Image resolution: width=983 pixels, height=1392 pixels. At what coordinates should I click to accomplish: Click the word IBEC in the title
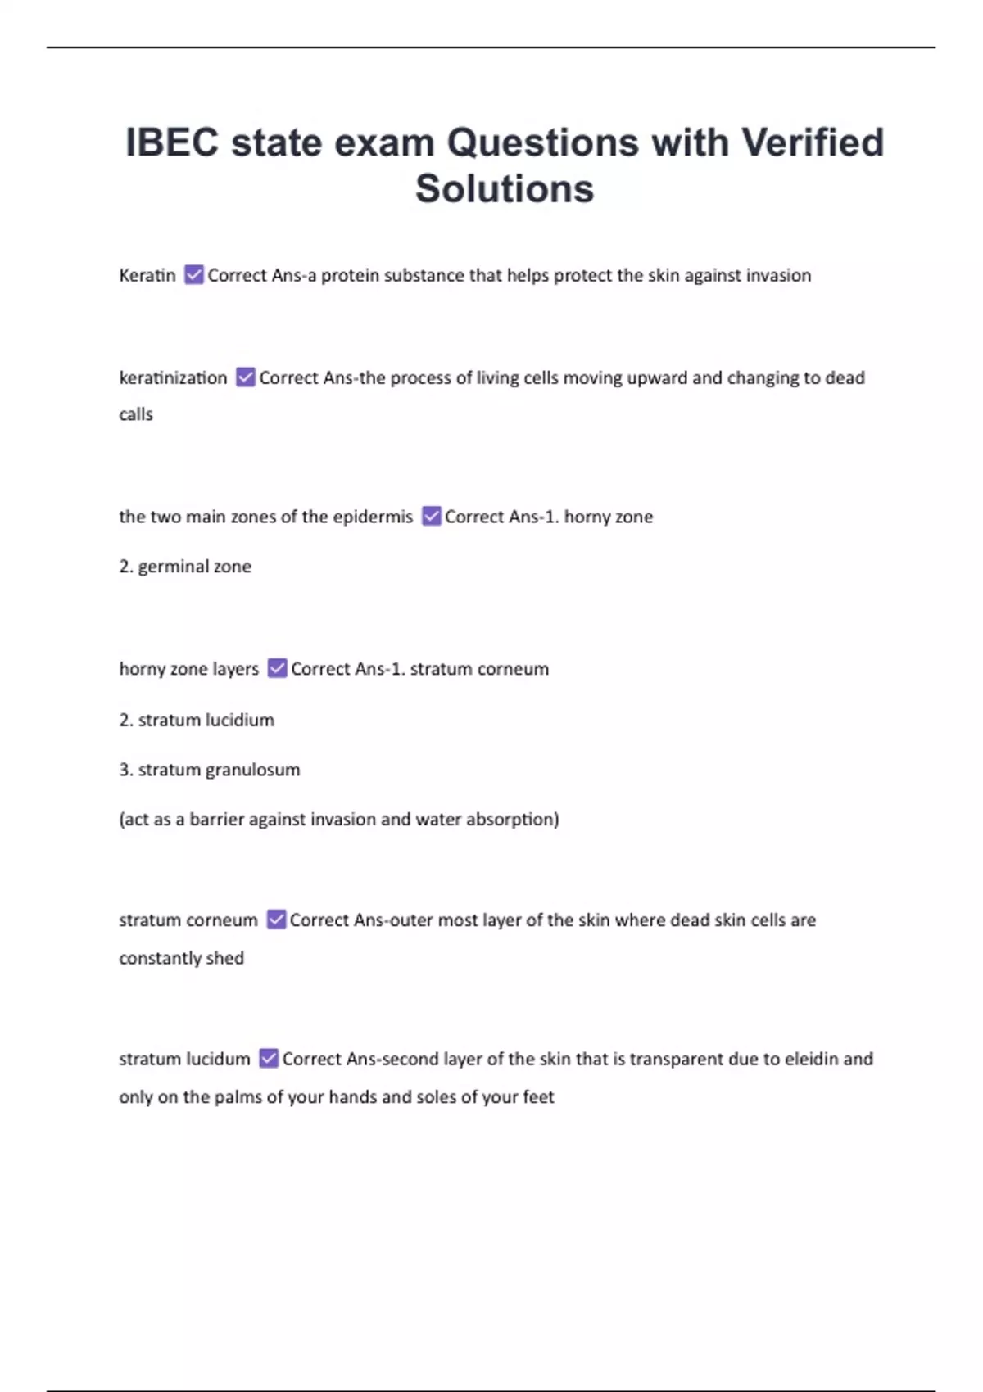[x=172, y=142]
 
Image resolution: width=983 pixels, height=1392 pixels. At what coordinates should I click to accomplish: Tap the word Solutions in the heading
[x=504, y=189]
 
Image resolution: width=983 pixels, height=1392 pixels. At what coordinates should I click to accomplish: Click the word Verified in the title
[x=813, y=142]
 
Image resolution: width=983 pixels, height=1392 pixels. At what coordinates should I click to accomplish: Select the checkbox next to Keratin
[x=194, y=275]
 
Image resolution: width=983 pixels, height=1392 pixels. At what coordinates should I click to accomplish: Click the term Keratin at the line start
[x=147, y=275]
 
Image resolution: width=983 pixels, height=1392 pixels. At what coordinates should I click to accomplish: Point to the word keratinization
[x=173, y=377]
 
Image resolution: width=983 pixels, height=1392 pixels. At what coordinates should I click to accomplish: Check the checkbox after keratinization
[x=246, y=377]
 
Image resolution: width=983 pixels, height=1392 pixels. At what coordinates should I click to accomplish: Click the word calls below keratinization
[x=136, y=414]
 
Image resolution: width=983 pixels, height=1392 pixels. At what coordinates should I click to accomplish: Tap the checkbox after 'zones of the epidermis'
[x=432, y=517]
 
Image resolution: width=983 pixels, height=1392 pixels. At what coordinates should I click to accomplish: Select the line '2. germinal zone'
[x=185, y=567]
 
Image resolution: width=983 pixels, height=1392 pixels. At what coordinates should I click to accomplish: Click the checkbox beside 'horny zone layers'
[x=278, y=669]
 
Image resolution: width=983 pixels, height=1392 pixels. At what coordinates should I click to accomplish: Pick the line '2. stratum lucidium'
[x=197, y=721]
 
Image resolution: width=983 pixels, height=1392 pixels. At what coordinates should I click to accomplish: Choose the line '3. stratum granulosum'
[x=210, y=770]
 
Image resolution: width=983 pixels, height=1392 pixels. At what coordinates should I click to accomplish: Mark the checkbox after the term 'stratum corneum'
[x=277, y=920]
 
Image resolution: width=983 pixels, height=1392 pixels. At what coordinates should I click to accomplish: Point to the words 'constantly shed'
[x=181, y=958]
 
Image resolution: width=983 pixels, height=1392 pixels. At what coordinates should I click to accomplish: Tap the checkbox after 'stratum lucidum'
[x=269, y=1059]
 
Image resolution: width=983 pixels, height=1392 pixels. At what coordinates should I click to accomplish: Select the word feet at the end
[x=538, y=1097]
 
